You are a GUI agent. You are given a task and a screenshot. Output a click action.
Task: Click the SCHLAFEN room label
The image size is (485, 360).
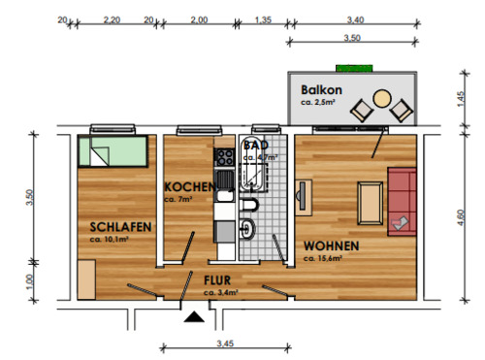pyautogui.click(x=114, y=227)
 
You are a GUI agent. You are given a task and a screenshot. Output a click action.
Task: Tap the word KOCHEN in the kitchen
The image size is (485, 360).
pyautogui.click(x=188, y=186)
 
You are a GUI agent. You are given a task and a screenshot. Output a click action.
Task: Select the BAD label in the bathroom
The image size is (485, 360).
pyautogui.click(x=256, y=145)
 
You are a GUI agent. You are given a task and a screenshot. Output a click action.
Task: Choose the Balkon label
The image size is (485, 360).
pyautogui.click(x=320, y=89)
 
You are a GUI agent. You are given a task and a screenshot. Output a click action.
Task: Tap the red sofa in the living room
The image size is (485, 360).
pyautogui.click(x=402, y=201)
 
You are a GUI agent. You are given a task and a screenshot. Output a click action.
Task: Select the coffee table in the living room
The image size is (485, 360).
pyautogui.click(x=371, y=202)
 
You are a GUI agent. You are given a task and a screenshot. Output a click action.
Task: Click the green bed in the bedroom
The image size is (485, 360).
pyautogui.click(x=114, y=151)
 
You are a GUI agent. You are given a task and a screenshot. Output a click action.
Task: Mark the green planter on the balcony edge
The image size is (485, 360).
pyautogui.click(x=349, y=68)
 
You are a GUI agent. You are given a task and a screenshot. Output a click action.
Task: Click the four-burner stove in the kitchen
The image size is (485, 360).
pyautogui.click(x=224, y=154)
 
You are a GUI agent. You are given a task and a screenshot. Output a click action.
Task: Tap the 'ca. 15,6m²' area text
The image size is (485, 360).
pyautogui.click(x=326, y=259)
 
